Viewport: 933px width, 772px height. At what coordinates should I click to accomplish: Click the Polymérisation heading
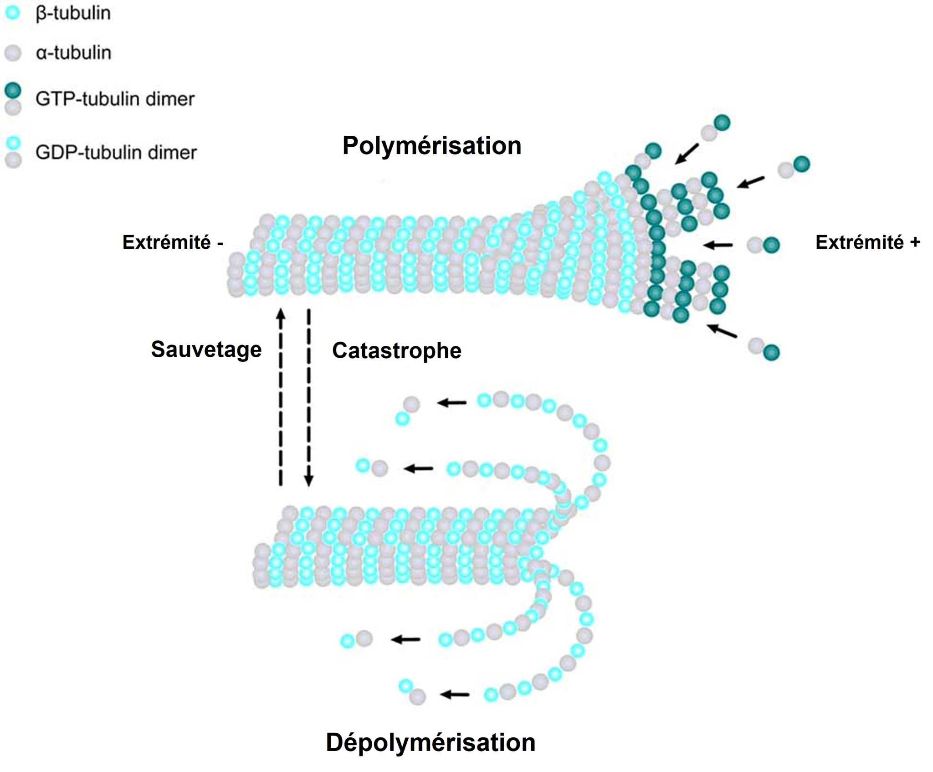tap(431, 146)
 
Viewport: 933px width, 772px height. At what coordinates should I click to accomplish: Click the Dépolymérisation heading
tap(431, 742)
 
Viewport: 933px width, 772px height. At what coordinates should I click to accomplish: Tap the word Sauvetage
tap(206, 350)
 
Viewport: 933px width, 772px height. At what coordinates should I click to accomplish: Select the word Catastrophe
tap(396, 350)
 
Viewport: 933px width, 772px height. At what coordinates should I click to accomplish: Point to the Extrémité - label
tap(173, 242)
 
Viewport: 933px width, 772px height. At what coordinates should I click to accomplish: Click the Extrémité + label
tap(867, 242)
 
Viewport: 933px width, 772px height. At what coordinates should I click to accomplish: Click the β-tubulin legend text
tap(73, 13)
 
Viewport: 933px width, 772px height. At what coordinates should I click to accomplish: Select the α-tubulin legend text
tap(73, 53)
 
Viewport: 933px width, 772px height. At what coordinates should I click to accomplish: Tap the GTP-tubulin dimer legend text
tap(115, 99)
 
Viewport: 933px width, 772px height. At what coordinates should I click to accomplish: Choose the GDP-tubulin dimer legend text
tap(116, 152)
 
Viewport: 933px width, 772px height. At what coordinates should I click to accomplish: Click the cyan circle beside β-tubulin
tap(13, 13)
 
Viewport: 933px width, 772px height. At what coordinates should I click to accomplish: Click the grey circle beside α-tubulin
tap(13, 53)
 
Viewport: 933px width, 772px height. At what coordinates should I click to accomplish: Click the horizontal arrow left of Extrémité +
tap(718, 245)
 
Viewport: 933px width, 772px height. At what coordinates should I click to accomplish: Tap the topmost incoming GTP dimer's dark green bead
tap(722, 123)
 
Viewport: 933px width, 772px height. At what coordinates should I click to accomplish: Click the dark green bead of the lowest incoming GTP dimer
tap(771, 352)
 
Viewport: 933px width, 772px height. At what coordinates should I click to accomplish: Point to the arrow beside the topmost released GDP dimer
tap(452, 403)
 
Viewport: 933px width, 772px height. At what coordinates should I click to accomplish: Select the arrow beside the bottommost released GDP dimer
tap(455, 695)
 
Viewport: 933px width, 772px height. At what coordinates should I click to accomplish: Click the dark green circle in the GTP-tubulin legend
tap(13, 90)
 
